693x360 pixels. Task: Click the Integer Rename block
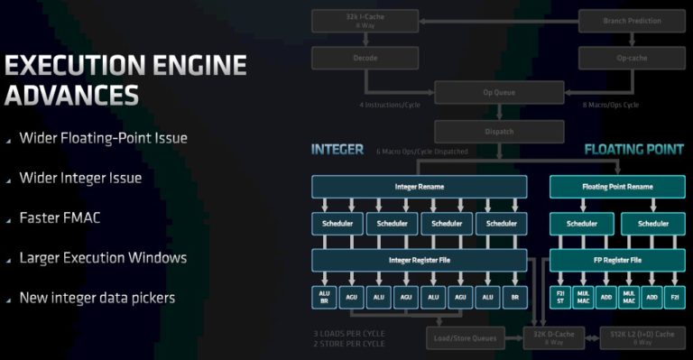(x=419, y=187)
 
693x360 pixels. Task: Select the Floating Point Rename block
(x=616, y=187)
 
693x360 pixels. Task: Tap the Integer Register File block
(x=419, y=260)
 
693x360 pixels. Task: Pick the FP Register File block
(x=616, y=260)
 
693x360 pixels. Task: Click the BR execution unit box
(x=514, y=296)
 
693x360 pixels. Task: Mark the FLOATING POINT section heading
(x=633, y=149)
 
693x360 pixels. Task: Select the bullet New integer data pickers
(x=97, y=297)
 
